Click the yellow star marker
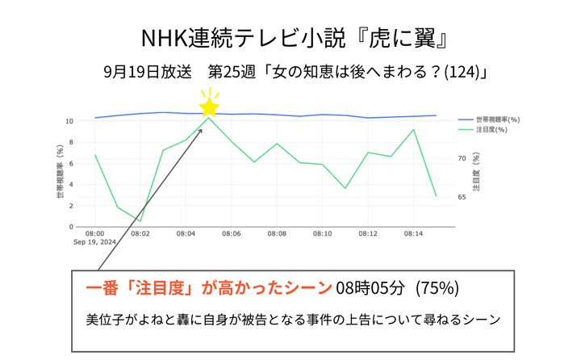pyautogui.click(x=210, y=107)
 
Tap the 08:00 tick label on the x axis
pyautogui.click(x=95, y=233)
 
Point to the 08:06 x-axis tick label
pyautogui.click(x=232, y=233)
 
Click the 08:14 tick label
pyautogui.click(x=413, y=233)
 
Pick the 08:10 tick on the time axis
pyautogui.click(x=322, y=233)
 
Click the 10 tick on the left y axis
pyautogui.click(x=69, y=121)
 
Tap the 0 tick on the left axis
pyautogui.click(x=72, y=227)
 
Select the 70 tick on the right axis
pyautogui.click(x=462, y=159)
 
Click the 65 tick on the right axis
pyautogui.click(x=462, y=197)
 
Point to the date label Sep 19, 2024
pyautogui.click(x=95, y=241)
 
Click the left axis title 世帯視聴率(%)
pyautogui.click(x=60, y=172)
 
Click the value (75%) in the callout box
pyautogui.click(x=438, y=287)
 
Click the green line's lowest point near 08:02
pyautogui.click(x=140, y=220)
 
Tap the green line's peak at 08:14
pyautogui.click(x=413, y=130)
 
